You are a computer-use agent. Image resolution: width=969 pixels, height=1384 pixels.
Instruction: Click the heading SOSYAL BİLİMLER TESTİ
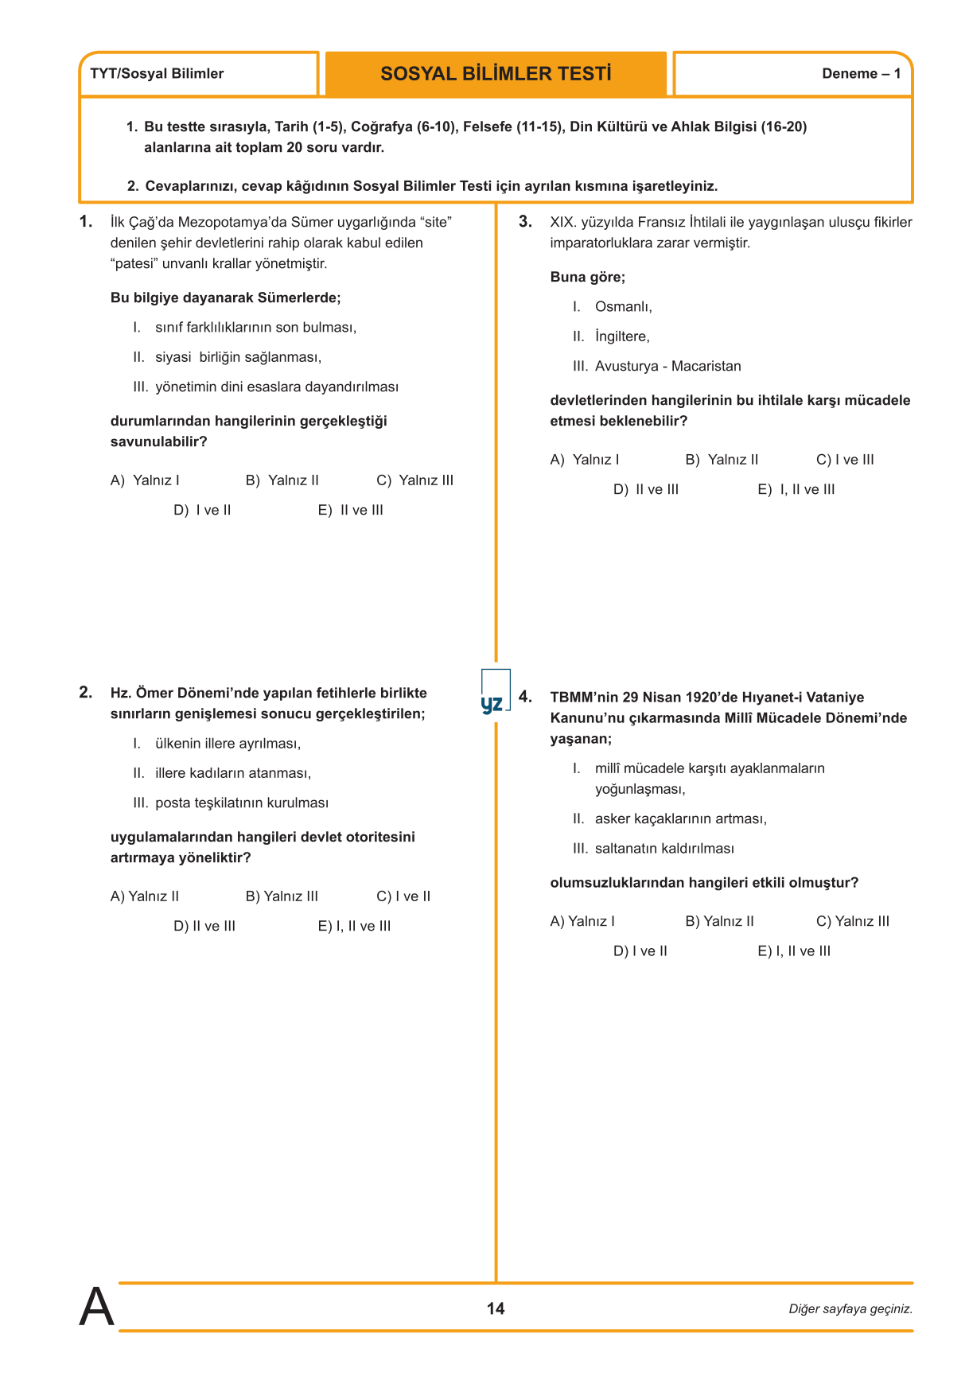[496, 74]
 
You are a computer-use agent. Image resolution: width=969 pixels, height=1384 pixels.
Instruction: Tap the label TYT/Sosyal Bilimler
[157, 74]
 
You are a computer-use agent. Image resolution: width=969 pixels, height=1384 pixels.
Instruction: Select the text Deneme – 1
[861, 74]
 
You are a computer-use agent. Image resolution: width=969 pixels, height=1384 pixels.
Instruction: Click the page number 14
[496, 1308]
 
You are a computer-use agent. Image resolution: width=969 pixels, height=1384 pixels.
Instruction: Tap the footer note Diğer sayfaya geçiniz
[850, 1309]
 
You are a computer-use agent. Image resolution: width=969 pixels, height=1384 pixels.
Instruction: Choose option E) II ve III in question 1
[350, 511]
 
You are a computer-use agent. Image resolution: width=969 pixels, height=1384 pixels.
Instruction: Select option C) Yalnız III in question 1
[414, 480]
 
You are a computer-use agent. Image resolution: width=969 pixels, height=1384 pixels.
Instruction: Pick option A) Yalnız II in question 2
[145, 896]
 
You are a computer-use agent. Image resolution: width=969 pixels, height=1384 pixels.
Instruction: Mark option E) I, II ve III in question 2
[354, 927]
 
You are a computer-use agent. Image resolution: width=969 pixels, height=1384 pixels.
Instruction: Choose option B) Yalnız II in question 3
[722, 460]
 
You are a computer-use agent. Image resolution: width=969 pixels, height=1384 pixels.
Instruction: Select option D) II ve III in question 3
[645, 490]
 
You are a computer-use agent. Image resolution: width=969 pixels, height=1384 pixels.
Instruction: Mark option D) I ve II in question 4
[640, 951]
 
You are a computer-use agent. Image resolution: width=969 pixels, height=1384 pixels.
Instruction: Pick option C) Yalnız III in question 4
[853, 921]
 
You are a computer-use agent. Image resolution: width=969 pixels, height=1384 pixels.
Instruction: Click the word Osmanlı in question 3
[623, 307]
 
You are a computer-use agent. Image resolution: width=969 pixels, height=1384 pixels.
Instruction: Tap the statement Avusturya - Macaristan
[667, 367]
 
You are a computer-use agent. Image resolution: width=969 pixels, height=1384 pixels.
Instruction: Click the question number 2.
[86, 693]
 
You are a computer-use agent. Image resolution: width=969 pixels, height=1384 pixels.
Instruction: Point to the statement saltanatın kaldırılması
[664, 849]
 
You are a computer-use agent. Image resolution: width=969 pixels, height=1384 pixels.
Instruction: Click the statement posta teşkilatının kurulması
[242, 803]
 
